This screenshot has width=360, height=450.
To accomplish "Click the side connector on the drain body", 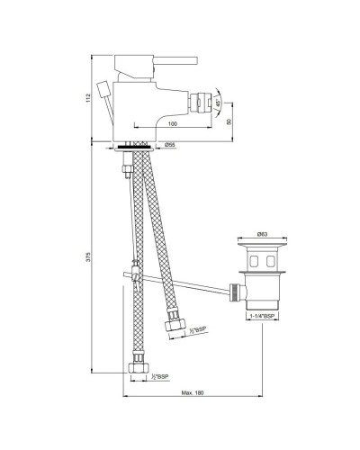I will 235,291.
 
